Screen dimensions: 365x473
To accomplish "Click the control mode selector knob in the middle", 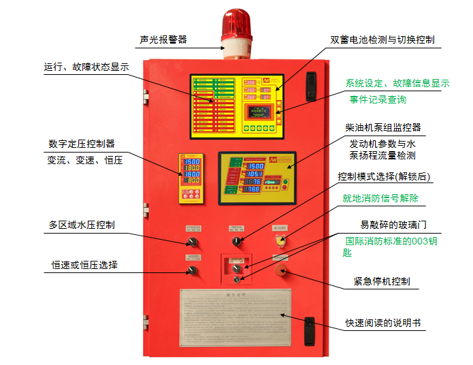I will pyautogui.click(x=237, y=242).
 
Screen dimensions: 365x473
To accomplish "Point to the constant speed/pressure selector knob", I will pyautogui.click(x=193, y=272).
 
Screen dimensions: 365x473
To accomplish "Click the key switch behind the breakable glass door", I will pyautogui.click(x=237, y=279).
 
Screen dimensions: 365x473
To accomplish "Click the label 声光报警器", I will pyautogui.click(x=163, y=39).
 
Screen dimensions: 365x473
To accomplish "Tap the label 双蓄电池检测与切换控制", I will pyautogui.click(x=382, y=39).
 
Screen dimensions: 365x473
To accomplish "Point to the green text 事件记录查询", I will pyautogui.click(x=378, y=99).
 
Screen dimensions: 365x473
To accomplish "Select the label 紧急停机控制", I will pyautogui.click(x=382, y=281).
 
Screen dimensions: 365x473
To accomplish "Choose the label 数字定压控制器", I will pyautogui.click(x=81, y=144).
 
